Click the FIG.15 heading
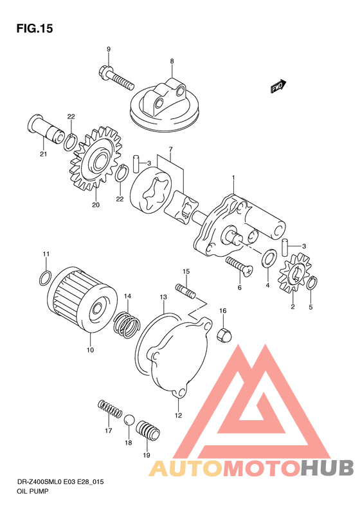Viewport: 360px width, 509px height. (34, 28)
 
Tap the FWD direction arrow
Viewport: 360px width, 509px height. (278, 86)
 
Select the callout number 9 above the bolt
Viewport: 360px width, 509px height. (109, 50)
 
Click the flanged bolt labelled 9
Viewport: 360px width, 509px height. (115, 77)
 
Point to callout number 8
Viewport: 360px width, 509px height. (172, 61)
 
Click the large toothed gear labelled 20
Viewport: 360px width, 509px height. (96, 159)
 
